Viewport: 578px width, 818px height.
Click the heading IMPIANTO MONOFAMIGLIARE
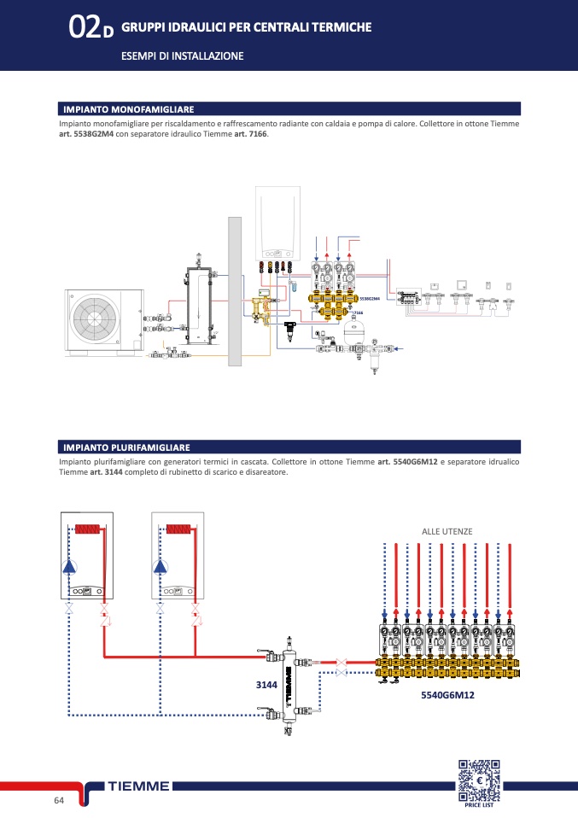pos(129,109)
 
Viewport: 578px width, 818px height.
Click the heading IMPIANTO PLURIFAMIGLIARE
pos(126,447)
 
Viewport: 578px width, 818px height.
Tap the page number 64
pos(59,800)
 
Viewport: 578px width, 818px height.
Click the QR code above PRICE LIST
pos(479,779)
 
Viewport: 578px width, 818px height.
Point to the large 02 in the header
pos(85,29)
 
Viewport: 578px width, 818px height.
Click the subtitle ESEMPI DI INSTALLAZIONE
pos(183,56)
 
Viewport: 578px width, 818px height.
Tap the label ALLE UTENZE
pos(447,531)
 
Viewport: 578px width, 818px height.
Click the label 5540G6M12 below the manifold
pos(447,695)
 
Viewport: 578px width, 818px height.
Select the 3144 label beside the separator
pos(267,685)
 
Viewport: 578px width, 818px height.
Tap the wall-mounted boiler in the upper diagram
pos(280,225)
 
